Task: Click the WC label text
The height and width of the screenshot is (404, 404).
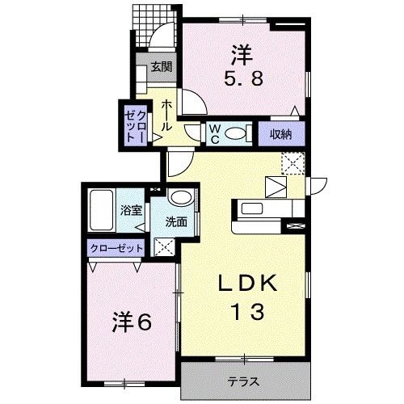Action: (216, 133)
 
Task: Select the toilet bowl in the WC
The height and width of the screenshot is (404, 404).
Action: (235, 134)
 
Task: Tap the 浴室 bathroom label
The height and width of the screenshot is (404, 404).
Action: (131, 210)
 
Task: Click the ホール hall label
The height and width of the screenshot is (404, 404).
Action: (165, 116)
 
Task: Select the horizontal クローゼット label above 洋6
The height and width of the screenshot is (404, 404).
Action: (116, 248)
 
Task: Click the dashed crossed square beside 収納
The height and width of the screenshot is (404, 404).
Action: (292, 162)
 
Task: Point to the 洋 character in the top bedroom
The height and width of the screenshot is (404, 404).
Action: (242, 55)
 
